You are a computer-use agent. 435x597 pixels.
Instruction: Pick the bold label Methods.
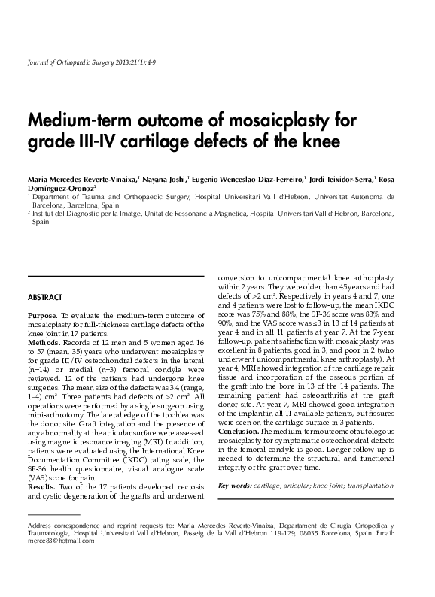pos(43,341)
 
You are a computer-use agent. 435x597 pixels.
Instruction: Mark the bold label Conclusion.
pos(239,431)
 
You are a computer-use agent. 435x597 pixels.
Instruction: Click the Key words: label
pos(234,486)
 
